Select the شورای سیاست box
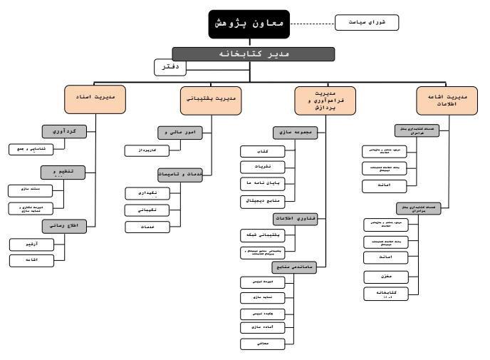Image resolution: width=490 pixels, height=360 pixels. (x=367, y=23)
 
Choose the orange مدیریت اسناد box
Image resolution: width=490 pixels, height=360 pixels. (x=95, y=97)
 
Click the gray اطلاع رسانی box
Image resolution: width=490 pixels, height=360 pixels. (x=65, y=225)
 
